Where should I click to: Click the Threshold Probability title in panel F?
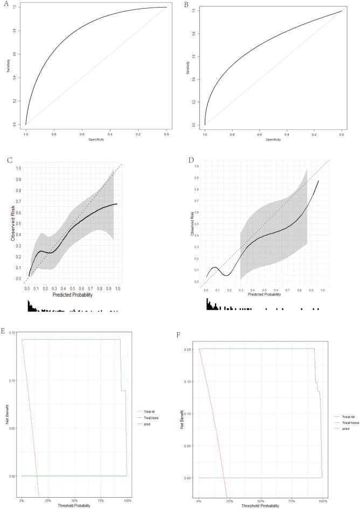[261, 506]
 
